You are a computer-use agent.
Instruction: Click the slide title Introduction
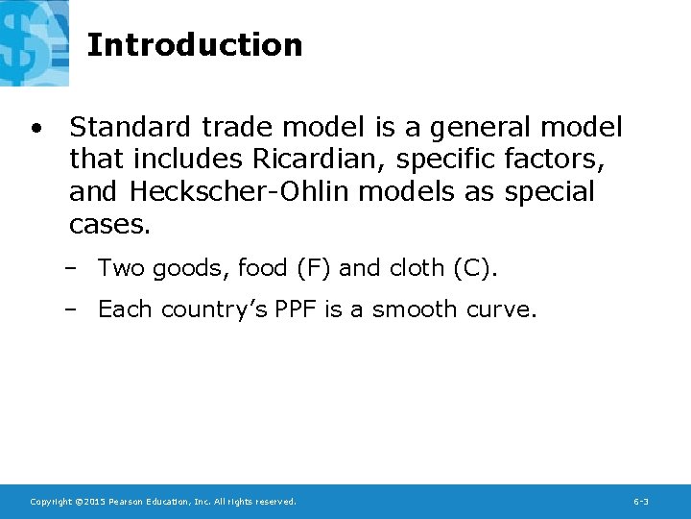click(x=195, y=44)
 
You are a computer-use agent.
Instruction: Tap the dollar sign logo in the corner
click(x=35, y=42)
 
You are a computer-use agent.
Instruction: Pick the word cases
click(x=109, y=225)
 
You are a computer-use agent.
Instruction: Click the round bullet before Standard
click(x=35, y=128)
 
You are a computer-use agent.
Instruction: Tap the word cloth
click(x=416, y=268)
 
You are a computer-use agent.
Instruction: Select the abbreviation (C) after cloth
click(x=472, y=268)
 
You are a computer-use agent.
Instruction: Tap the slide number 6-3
click(x=641, y=502)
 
